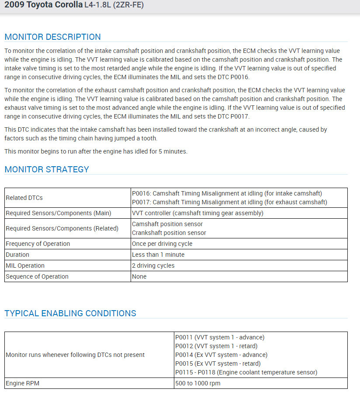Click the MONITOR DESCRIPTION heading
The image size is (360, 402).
[x=52, y=37]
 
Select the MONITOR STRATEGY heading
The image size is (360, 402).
[x=47, y=169]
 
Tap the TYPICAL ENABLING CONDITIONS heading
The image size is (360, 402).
[x=70, y=313]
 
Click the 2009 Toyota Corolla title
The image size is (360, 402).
[x=43, y=5]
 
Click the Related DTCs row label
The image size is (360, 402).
[x=24, y=198]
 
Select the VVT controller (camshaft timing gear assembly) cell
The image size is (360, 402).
[x=197, y=213]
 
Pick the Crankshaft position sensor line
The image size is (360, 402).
[x=169, y=233]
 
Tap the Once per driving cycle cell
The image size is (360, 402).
[x=162, y=244]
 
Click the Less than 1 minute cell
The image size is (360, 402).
[x=158, y=255]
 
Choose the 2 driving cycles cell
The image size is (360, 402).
[x=153, y=266]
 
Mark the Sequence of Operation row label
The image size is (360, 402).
[x=37, y=276]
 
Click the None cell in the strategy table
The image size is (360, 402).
[x=139, y=276]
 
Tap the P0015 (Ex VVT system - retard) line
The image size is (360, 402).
[x=218, y=364]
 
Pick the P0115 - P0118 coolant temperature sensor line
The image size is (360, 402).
[x=246, y=372]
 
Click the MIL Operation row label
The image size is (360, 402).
[x=25, y=266]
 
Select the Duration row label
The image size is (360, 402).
[x=17, y=255]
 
